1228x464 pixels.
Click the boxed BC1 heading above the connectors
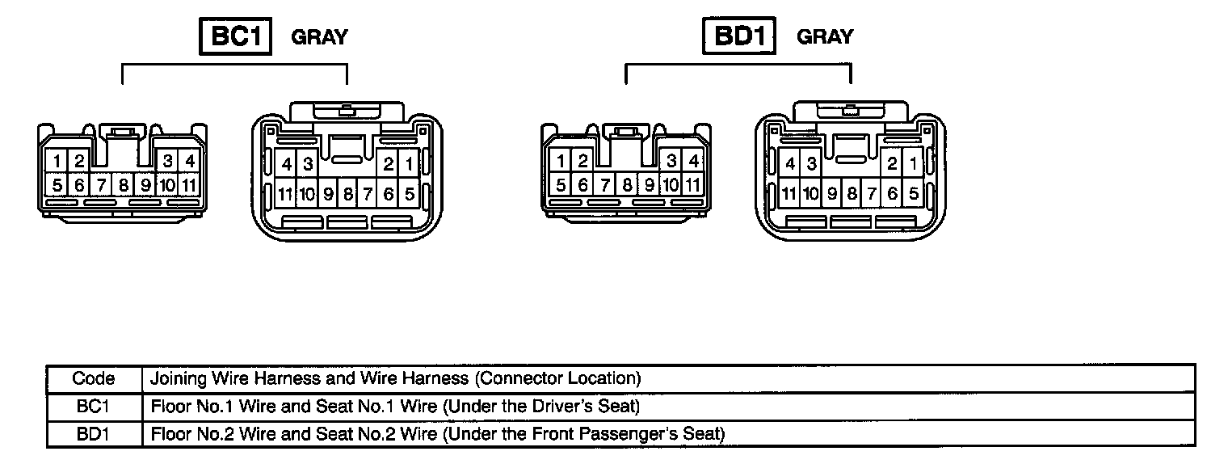tap(236, 37)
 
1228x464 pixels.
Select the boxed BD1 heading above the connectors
tap(739, 37)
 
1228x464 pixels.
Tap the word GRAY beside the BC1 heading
tap(319, 37)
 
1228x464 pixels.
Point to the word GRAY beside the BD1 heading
tap(825, 37)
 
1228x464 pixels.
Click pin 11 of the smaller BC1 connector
tap(188, 185)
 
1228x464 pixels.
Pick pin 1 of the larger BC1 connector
tap(409, 165)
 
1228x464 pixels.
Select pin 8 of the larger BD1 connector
tap(851, 194)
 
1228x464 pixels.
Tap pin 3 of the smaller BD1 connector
tap(671, 161)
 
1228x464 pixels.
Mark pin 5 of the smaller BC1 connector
tap(57, 185)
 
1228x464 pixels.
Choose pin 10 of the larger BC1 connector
tap(307, 194)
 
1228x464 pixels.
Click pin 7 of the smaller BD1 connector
tap(604, 184)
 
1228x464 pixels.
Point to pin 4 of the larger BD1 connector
tap(790, 165)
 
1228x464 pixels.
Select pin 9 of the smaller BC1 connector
tap(145, 185)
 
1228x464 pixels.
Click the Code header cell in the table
tap(94, 378)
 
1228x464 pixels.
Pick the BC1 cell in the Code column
tap(94, 406)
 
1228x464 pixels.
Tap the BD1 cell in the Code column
tap(94, 434)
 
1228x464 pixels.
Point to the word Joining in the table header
tap(179, 378)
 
